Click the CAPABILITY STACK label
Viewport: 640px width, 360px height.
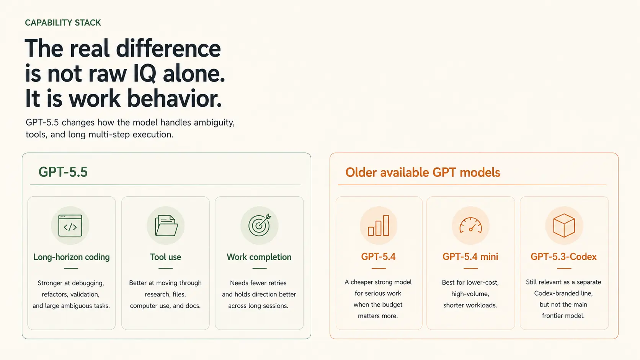[63, 23]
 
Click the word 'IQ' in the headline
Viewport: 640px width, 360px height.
[145, 73]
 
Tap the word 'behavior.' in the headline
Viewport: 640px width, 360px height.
[174, 99]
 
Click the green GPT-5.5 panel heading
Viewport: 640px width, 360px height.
[63, 172]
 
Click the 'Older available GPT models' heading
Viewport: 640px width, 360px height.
[423, 173]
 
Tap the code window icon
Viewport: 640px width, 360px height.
[70, 226]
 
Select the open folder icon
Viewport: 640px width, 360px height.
[166, 226]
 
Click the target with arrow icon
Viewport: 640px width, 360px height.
[260, 225]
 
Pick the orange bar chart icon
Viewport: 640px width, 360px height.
[378, 226]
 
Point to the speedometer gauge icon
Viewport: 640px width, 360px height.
[470, 226]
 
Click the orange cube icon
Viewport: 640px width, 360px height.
[564, 226]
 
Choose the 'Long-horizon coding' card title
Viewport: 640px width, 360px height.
[72, 257]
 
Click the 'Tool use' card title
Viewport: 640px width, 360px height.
[165, 257]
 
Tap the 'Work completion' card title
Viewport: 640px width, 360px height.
[259, 257]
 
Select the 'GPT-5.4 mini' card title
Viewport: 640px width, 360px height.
[470, 257]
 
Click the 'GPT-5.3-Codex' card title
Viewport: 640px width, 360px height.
[563, 257]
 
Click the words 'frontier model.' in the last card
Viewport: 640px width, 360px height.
[563, 316]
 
